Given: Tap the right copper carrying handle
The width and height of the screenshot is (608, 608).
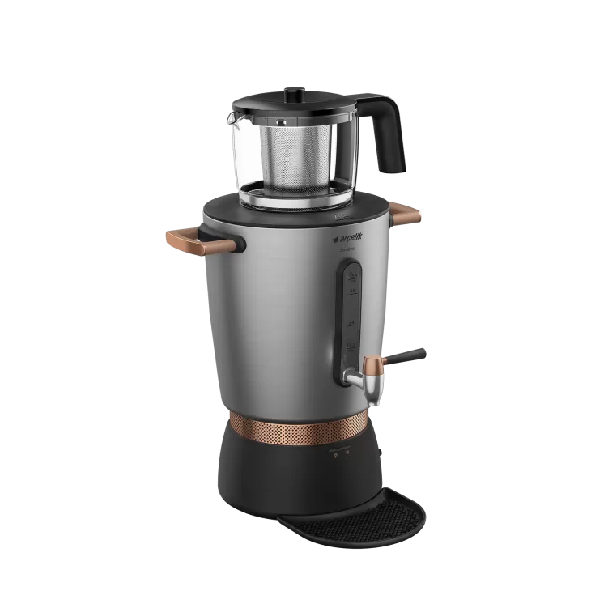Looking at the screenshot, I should (x=406, y=214).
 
